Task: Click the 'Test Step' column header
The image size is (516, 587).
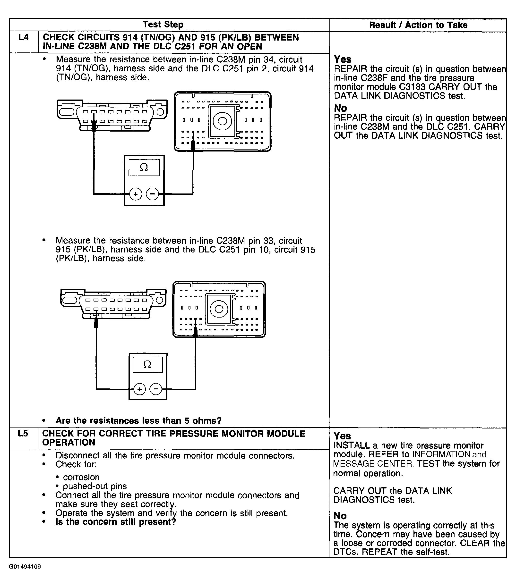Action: pos(163,25)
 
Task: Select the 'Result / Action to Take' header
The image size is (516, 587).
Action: pos(418,25)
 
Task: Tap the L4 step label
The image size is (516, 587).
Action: pos(24,37)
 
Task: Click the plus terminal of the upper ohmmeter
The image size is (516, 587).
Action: pos(135,194)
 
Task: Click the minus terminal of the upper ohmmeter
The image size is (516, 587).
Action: pos(152,194)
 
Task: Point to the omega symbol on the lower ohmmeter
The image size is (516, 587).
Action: pos(147,364)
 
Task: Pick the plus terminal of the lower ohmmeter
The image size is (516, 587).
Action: pos(139,389)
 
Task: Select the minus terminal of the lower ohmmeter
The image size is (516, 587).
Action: pos(156,389)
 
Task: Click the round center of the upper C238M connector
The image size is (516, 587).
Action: pos(222,121)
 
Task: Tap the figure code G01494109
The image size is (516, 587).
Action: pos(25,567)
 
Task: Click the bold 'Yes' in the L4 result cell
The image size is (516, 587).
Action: pos(342,59)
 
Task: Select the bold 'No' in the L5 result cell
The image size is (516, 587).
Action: pos(340,516)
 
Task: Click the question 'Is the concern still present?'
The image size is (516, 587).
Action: pos(116,522)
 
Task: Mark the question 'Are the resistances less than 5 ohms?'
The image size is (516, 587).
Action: pos(138,421)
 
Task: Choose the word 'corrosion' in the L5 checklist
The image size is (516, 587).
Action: pos(81,477)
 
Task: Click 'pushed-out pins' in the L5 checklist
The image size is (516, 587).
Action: pos(95,486)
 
